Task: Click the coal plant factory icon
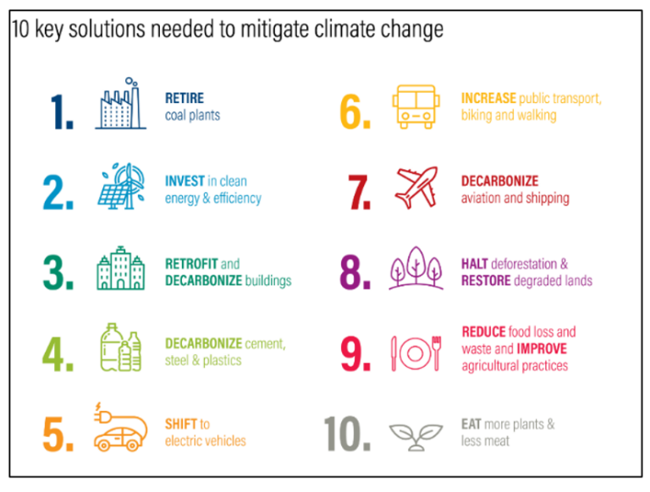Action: pos(121,104)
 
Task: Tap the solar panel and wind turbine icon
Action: pos(121,188)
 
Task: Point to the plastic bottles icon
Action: pos(121,347)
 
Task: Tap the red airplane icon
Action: pos(417,187)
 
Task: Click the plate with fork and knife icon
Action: pos(416,349)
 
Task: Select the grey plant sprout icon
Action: pos(416,434)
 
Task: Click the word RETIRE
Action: pos(185,98)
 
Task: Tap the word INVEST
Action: pos(185,181)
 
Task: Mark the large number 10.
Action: pos(347,433)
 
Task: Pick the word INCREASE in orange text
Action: pos(488,98)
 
